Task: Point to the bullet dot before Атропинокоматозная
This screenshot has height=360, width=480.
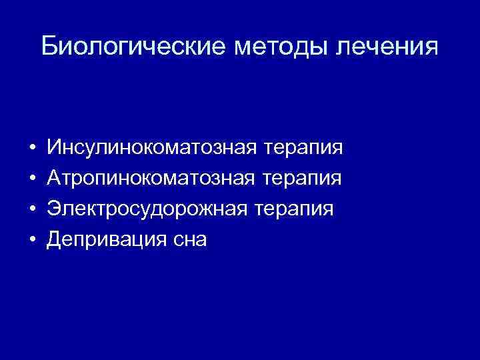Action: (x=32, y=178)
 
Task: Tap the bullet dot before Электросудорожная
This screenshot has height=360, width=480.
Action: (x=32, y=209)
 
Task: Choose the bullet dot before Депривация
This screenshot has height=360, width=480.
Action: (x=32, y=241)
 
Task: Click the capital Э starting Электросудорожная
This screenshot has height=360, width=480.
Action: (x=53, y=209)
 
